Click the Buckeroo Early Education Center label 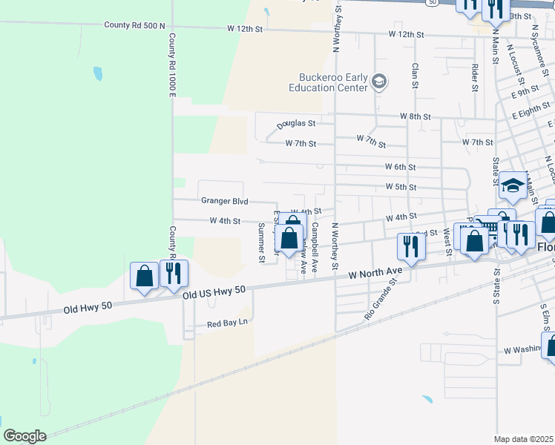[333, 82]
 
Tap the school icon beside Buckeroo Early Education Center [379, 81]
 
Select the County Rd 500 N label [134, 25]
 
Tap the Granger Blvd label [224, 201]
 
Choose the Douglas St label [297, 125]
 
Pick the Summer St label [261, 243]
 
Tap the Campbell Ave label [315, 246]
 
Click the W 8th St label [415, 116]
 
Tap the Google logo [24, 436]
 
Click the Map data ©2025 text [523, 439]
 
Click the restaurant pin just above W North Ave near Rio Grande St [409, 246]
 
